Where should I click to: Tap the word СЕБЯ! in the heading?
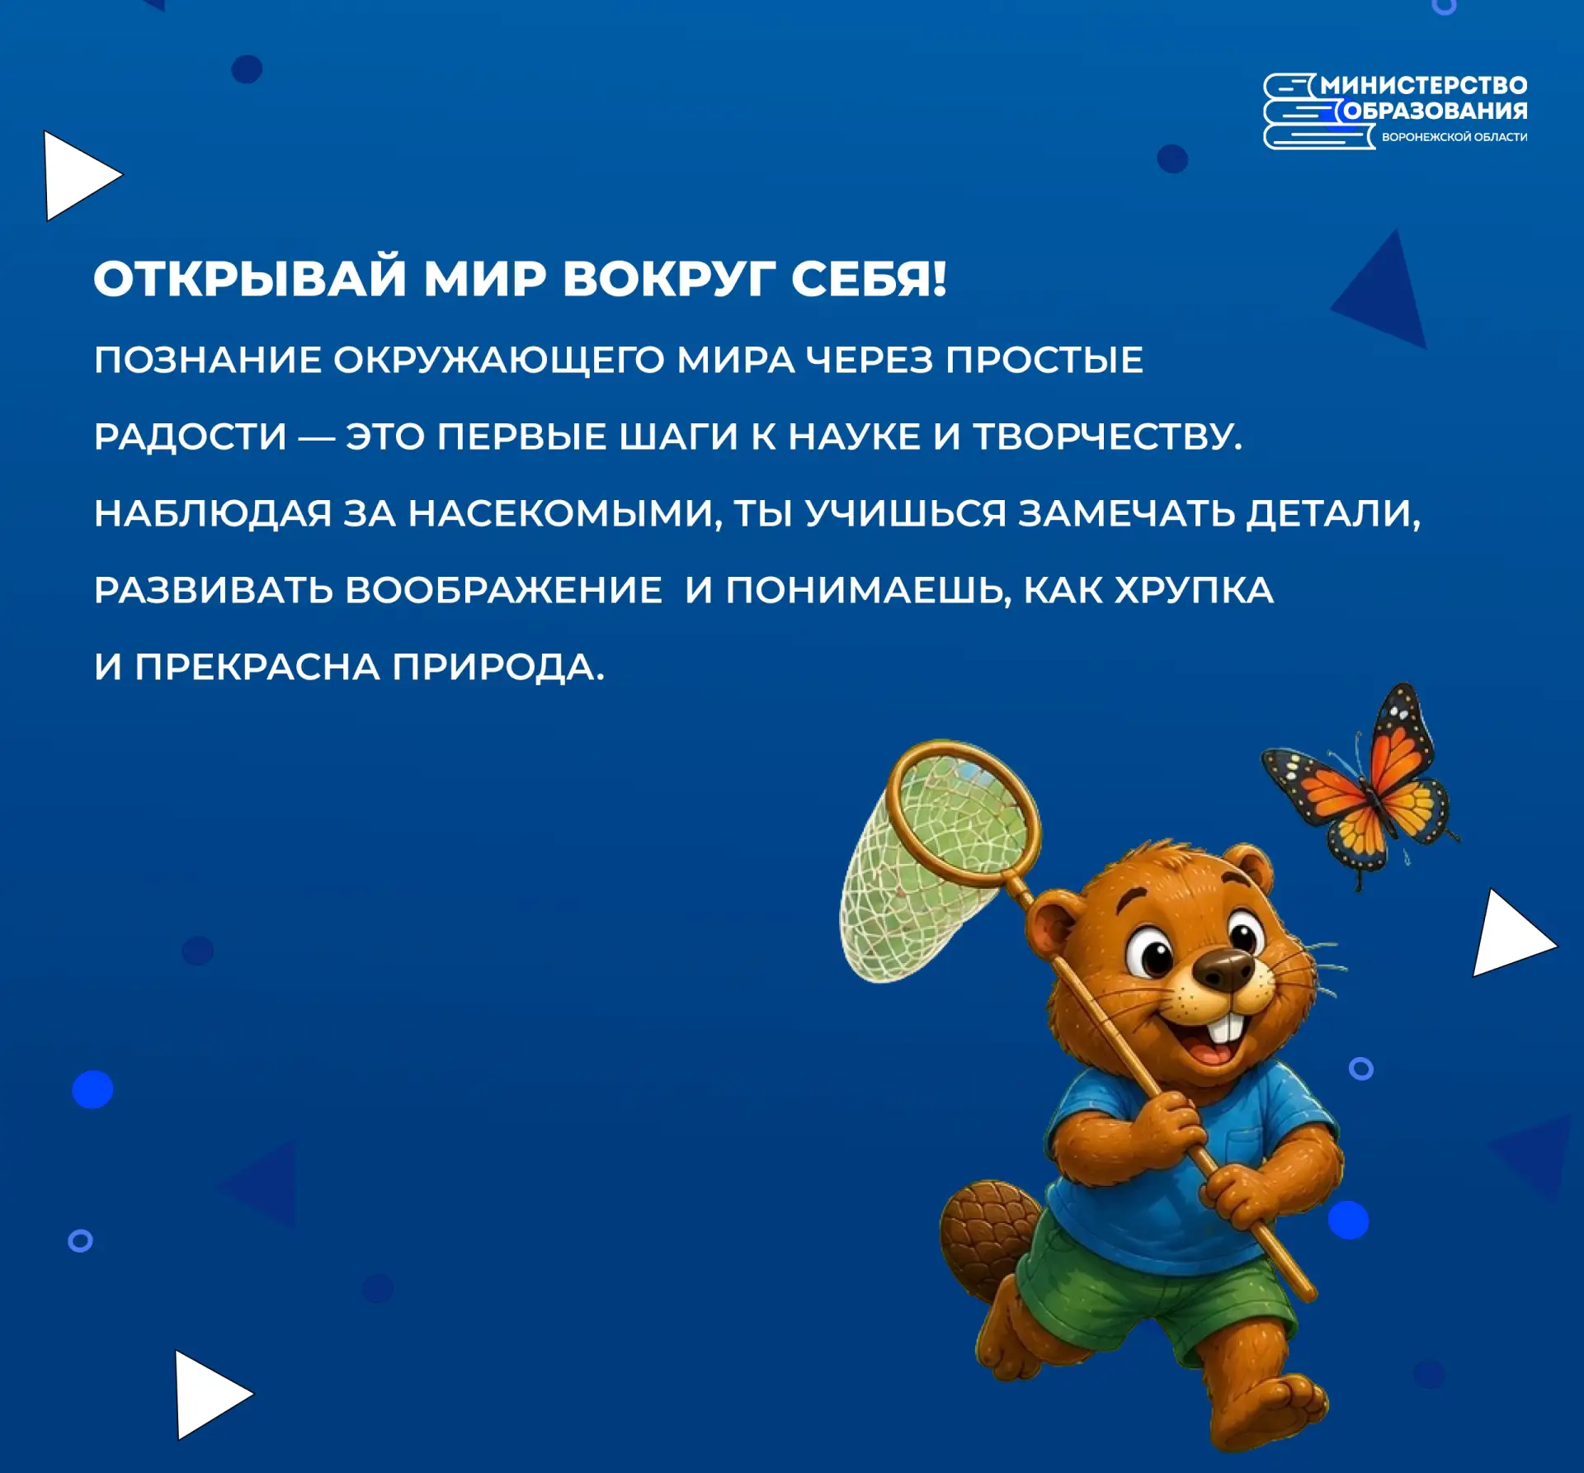tap(869, 278)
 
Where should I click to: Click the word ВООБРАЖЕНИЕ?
tap(503, 590)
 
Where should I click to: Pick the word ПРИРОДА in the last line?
tap(498, 667)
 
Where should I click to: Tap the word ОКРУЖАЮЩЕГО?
tap(499, 361)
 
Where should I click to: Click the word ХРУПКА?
tap(1194, 590)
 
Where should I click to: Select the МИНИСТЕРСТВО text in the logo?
tap(1423, 86)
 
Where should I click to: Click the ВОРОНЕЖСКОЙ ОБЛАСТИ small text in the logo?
tap(1454, 137)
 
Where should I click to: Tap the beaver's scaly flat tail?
tap(988, 1238)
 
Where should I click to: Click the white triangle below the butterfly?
tap(1512, 934)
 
